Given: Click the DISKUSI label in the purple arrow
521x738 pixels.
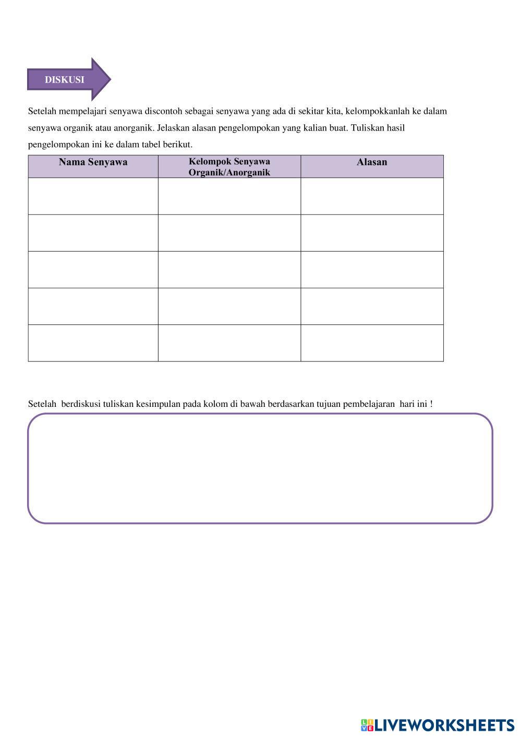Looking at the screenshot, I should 64,80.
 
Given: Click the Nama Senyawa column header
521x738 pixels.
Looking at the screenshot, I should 93,162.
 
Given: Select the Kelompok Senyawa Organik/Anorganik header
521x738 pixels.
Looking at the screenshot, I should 229,167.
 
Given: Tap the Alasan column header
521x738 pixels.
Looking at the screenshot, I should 372,162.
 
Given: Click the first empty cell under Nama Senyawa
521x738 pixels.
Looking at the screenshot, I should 93,196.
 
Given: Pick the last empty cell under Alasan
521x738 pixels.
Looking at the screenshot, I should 372,343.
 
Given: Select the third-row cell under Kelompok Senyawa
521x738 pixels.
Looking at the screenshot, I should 229,270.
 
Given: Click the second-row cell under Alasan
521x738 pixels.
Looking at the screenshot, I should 372,233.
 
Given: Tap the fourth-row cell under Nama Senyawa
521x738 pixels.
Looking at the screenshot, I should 93,307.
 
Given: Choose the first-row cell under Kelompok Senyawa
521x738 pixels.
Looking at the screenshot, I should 229,196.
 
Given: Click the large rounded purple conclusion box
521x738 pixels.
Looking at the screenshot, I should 260,468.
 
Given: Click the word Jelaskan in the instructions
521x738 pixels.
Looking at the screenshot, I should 173,128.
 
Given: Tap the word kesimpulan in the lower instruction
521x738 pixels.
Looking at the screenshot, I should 158,404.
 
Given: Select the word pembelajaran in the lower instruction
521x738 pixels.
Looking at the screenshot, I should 369,404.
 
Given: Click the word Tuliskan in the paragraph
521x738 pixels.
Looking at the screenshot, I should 367,128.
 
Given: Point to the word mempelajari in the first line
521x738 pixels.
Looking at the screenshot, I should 82,111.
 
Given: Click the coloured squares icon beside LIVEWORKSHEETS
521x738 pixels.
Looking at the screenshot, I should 367,725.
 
